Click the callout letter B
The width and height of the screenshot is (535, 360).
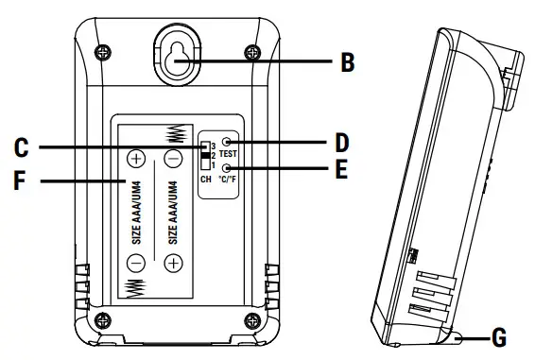348,64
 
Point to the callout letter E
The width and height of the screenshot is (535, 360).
341,170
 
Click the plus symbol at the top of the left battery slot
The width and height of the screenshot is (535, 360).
137,158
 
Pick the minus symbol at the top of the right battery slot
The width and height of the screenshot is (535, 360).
173,158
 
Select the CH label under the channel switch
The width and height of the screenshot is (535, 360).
205,178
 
